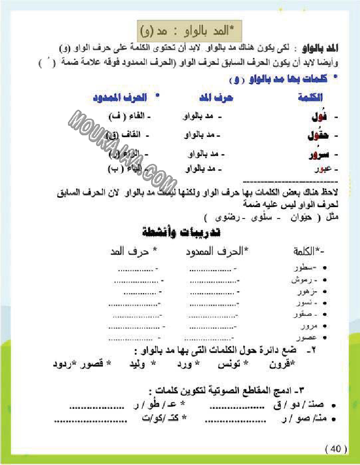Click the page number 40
(336, 449)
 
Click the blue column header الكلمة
(311, 97)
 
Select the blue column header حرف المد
(213, 97)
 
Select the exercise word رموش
(303, 280)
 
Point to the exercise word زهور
(305, 292)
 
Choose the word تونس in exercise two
(228, 364)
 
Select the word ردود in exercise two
(61, 364)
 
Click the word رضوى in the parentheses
(219, 217)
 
